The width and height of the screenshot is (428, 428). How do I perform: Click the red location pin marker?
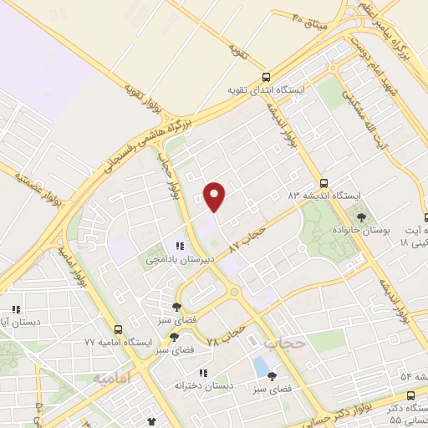(216, 196)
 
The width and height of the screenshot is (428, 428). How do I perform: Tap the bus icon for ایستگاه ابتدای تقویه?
(266, 76)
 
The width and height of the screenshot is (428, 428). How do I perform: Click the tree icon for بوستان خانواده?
(361, 217)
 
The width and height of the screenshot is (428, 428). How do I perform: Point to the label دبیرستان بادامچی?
(181, 259)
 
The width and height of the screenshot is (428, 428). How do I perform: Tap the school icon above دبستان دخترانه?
(201, 373)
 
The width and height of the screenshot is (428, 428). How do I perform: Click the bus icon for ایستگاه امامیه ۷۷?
(118, 329)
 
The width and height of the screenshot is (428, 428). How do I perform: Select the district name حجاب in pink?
(282, 344)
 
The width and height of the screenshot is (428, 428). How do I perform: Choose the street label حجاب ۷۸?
(225, 337)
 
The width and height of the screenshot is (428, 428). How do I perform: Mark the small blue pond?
(262, 365)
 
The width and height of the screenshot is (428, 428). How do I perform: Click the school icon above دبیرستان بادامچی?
(180, 247)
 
